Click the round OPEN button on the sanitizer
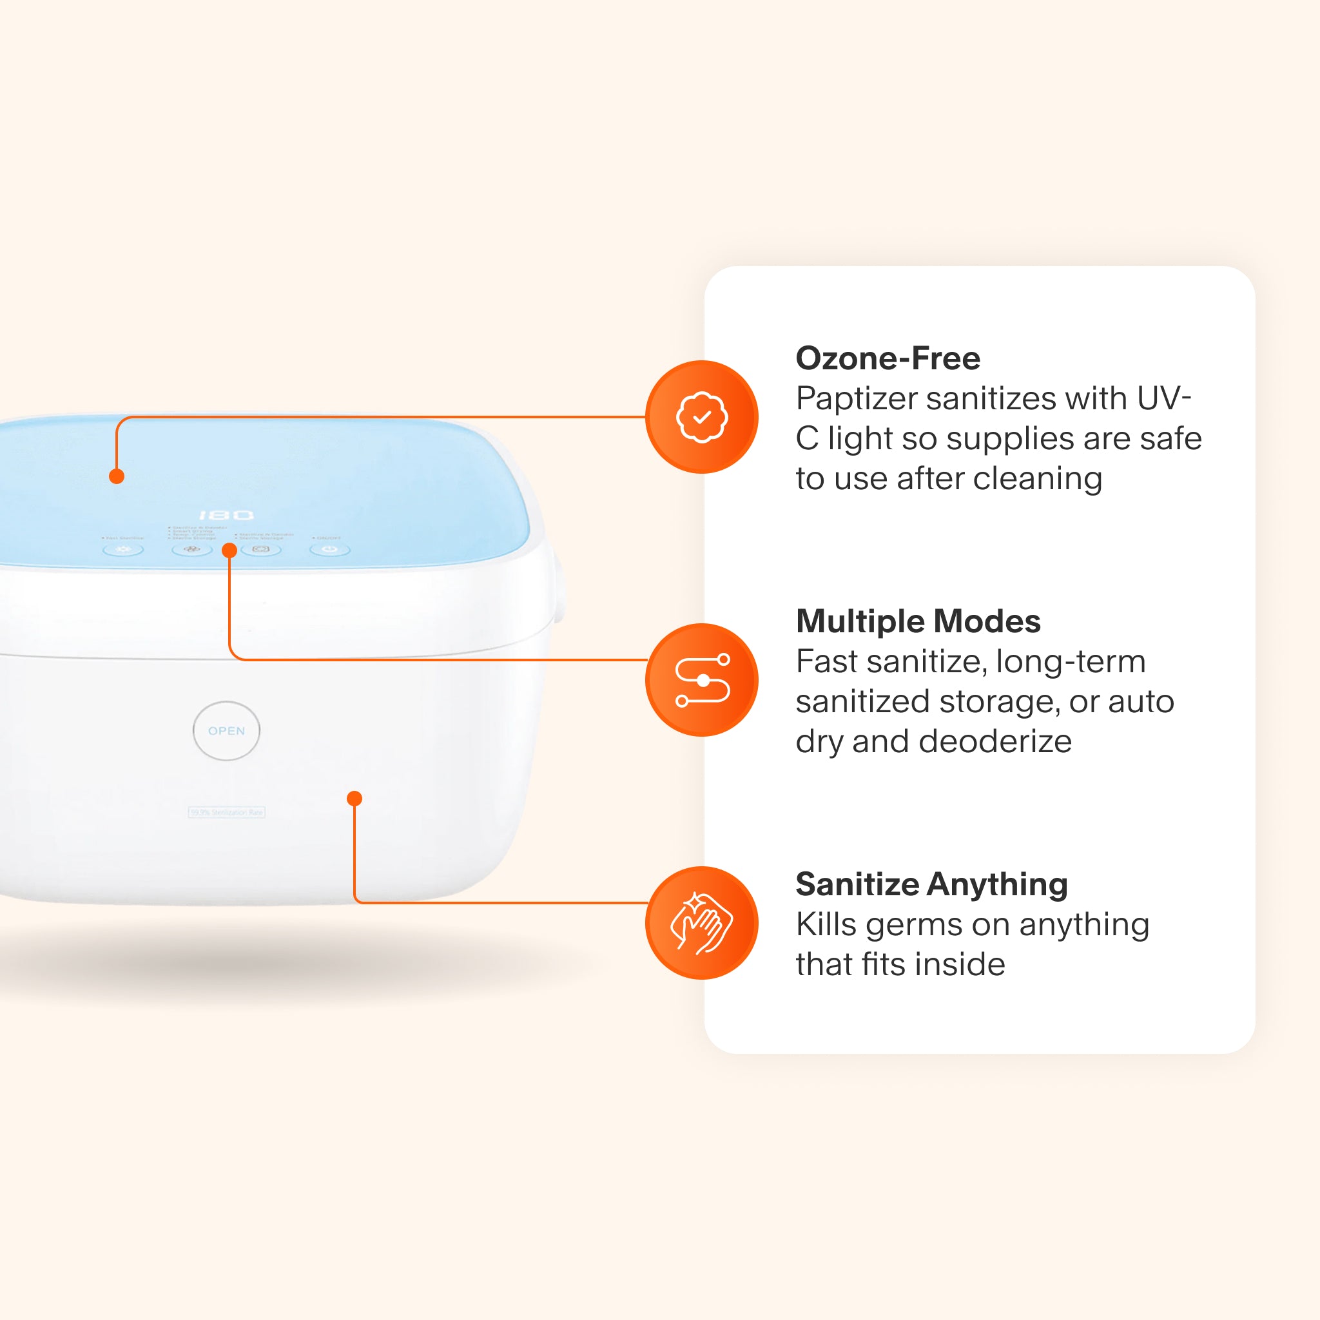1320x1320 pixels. (x=226, y=730)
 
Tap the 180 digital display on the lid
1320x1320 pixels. (x=226, y=514)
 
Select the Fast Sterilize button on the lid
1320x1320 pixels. (x=123, y=549)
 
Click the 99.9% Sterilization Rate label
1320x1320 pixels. (x=226, y=812)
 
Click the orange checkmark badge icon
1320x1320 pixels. (x=702, y=417)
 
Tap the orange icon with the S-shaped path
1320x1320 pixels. (x=702, y=680)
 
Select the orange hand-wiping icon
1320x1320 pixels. (x=702, y=923)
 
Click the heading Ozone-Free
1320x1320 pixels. (x=888, y=358)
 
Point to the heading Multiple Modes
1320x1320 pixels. (x=918, y=621)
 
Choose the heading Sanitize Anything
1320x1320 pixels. (x=931, y=884)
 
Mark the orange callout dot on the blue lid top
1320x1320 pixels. (x=117, y=476)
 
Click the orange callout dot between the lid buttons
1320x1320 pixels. (x=229, y=550)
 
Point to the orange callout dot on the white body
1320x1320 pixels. (x=354, y=798)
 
